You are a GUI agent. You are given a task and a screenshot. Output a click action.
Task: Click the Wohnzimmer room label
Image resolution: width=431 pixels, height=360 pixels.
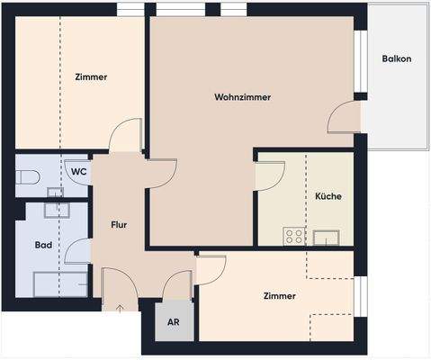pos(243,96)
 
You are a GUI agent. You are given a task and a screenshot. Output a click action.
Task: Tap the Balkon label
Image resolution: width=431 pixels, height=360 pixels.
pos(396,59)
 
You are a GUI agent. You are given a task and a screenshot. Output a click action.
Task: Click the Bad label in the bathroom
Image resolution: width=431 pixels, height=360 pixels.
pos(43,244)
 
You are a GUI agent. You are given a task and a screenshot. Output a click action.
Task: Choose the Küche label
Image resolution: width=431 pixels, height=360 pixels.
pos(328,195)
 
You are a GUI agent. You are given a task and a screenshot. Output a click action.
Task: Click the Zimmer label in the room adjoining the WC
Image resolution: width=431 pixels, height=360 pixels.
pos(91,77)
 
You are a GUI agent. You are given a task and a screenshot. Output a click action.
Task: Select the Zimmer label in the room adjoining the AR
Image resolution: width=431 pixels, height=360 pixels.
pos(280,296)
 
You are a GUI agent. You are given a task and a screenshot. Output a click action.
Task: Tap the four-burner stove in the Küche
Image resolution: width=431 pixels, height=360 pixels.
pos(294,237)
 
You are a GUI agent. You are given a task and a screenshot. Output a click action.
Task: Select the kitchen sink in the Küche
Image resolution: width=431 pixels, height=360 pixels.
pos(326,238)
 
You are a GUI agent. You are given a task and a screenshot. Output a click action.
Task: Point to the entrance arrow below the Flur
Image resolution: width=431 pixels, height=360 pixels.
pos(121,309)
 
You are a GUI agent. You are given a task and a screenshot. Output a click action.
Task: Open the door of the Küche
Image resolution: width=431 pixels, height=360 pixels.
pos(269,176)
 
